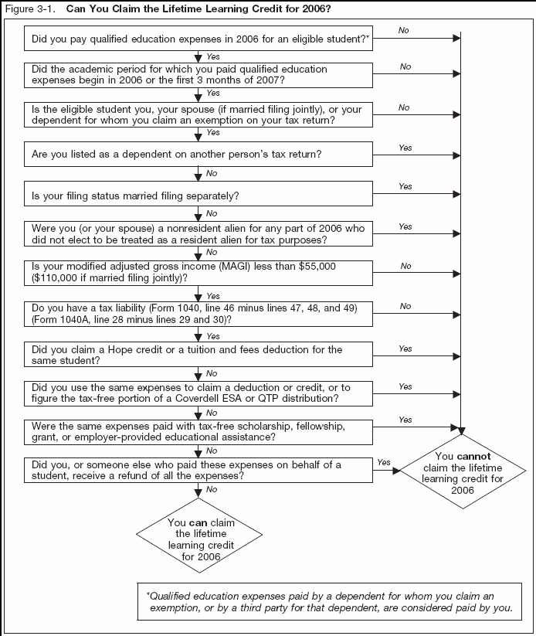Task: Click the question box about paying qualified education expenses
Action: click(199, 36)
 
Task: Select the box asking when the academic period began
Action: click(199, 74)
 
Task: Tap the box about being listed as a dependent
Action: click(199, 155)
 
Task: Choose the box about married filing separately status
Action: click(199, 195)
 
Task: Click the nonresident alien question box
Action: click(199, 234)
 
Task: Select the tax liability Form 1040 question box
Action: click(199, 314)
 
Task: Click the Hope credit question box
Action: click(199, 355)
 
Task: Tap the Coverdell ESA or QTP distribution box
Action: click(199, 393)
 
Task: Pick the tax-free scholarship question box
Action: click(199, 431)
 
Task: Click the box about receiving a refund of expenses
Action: click(199, 471)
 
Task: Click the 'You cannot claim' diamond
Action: click(463, 474)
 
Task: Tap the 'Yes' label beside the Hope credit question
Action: click(405, 349)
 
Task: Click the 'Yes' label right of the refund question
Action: click(384, 462)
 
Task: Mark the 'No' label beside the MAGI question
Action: click(405, 266)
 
